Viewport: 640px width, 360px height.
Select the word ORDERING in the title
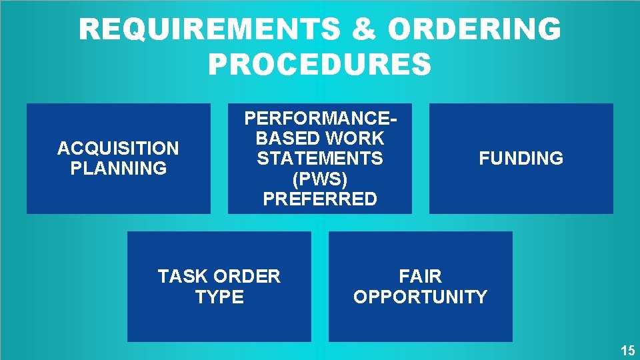pos(474,29)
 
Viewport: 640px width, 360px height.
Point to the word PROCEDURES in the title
pos(320,65)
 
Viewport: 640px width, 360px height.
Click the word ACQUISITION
pos(118,148)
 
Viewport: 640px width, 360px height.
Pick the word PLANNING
pos(118,168)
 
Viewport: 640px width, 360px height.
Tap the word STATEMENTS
pos(320,159)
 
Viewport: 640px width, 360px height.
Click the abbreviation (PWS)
pos(320,179)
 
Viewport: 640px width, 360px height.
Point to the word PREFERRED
pos(320,199)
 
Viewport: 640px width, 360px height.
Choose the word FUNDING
pos(521,159)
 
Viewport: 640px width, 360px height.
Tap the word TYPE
pos(219,297)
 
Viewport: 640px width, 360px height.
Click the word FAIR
pos(420,276)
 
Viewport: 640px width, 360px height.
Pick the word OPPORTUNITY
pos(420,297)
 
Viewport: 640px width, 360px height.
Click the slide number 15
pos(627,351)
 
